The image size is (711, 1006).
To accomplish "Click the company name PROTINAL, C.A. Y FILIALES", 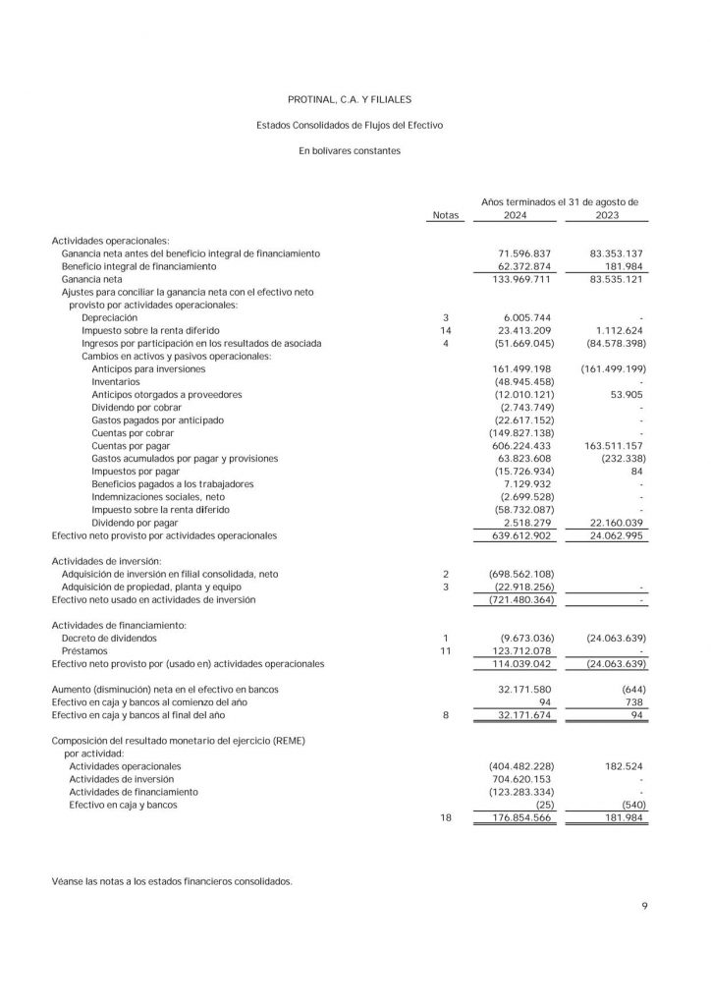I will click(x=350, y=99).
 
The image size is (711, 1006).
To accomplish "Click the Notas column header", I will click(x=445, y=215).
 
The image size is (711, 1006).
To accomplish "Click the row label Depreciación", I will click(x=109, y=318).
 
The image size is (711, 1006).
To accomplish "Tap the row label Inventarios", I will click(x=116, y=382).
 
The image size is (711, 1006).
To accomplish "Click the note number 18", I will click(x=445, y=817).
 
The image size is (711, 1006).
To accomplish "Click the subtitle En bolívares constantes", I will click(x=350, y=151).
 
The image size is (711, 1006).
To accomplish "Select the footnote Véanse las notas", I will click(x=172, y=882).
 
